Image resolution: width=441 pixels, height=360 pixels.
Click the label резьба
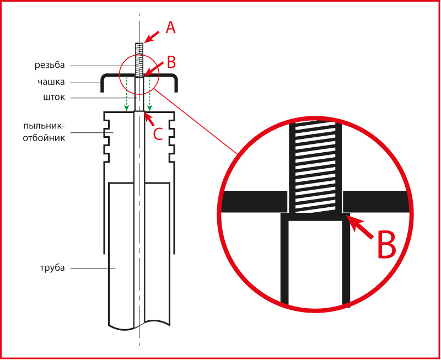tap(50, 65)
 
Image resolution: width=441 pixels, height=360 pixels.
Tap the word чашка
tap(51, 82)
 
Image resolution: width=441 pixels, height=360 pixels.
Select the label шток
tap(54, 98)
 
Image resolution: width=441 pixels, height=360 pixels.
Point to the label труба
tap(52, 268)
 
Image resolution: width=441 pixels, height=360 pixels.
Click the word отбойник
tap(44, 138)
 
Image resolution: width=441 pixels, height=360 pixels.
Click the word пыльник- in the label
tap(44, 126)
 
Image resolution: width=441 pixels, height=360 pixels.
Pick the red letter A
tap(170, 28)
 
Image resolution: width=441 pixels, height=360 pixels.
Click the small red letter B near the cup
tap(171, 62)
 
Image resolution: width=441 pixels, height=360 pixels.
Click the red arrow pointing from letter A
tap(151, 37)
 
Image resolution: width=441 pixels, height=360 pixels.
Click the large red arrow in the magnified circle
tap(360, 227)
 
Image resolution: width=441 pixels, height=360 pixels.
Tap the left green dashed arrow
tap(127, 94)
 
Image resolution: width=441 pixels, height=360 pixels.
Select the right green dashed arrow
tap(149, 94)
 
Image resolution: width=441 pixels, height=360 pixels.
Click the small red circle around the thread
tap(120, 74)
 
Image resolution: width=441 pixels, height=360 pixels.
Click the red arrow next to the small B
tap(154, 69)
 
